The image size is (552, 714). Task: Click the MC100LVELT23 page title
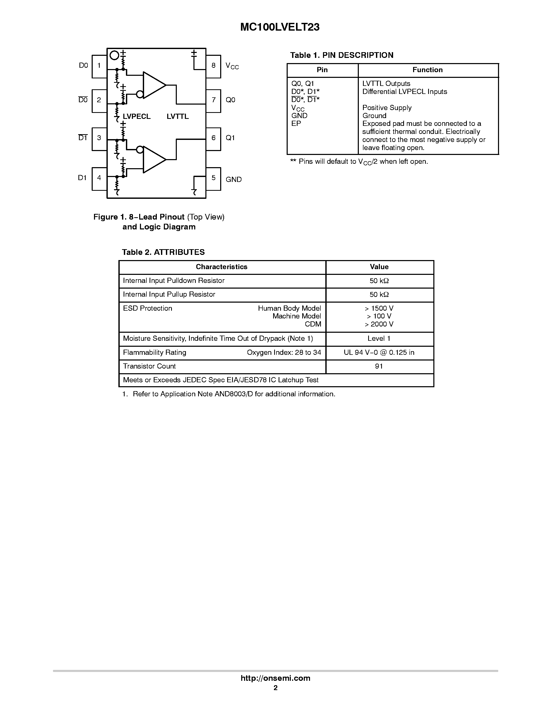pyautogui.click(x=280, y=27)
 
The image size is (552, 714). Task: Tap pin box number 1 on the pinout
pyautogui.click(x=99, y=66)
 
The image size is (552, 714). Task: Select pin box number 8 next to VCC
pyautogui.click(x=213, y=66)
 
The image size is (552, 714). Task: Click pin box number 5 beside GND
pyautogui.click(x=213, y=178)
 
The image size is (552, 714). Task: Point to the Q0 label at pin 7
pyautogui.click(x=230, y=100)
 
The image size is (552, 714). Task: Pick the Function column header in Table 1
pyautogui.click(x=427, y=70)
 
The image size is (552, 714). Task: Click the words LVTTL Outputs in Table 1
pyautogui.click(x=386, y=84)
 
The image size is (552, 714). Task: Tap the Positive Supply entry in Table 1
pyautogui.click(x=387, y=108)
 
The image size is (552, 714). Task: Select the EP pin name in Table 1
pyautogui.click(x=296, y=124)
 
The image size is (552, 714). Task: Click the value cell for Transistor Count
pyautogui.click(x=379, y=366)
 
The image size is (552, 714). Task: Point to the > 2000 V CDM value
pyautogui.click(x=379, y=324)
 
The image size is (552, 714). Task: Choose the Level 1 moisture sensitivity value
pyautogui.click(x=379, y=339)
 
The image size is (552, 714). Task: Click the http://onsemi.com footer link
pyautogui.click(x=275, y=678)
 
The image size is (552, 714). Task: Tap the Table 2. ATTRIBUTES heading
pyautogui.click(x=163, y=252)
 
